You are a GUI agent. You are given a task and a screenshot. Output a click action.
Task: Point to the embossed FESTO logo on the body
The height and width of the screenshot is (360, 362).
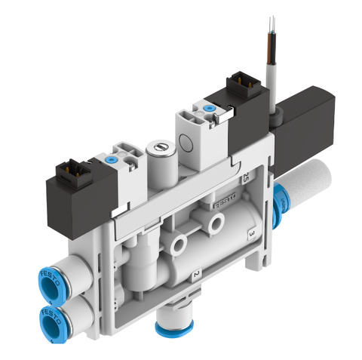click(225, 202)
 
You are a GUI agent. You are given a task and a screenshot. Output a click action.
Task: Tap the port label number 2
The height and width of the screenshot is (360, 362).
click(196, 274)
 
